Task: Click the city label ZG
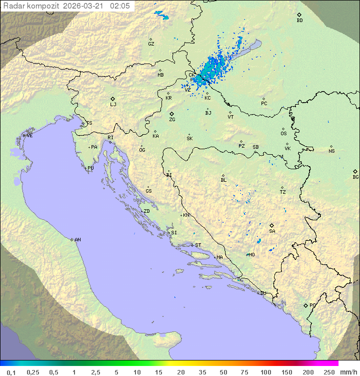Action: click(172, 120)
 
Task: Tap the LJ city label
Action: click(113, 105)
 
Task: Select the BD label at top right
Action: click(299, 21)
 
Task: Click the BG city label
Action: click(355, 177)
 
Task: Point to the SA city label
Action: click(272, 231)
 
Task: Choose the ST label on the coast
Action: click(198, 245)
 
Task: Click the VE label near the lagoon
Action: click(29, 136)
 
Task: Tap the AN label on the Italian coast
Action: click(77, 240)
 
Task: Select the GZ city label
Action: click(151, 44)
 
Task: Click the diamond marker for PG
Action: click(305, 305)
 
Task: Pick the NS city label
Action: click(331, 151)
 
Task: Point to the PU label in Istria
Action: click(90, 168)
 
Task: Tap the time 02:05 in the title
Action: click(120, 6)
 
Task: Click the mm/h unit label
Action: click(348, 372)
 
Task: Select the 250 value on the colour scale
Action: click(329, 372)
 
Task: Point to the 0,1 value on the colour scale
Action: click(10, 372)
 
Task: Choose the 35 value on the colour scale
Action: click(202, 372)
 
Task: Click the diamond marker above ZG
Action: click(171, 114)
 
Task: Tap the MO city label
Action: click(251, 255)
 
